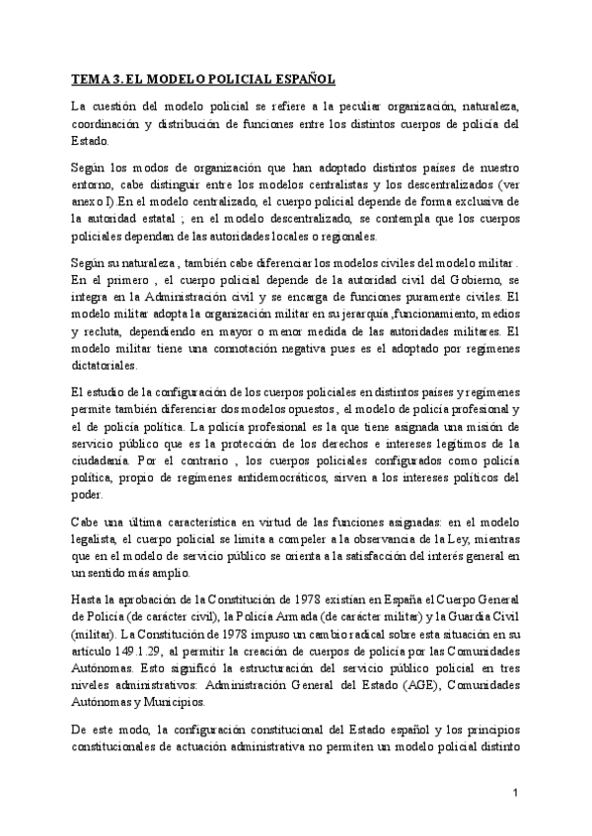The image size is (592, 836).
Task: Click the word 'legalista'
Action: [98, 539]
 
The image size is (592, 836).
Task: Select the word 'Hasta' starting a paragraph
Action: [88, 600]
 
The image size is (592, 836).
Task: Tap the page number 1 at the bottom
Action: [516, 793]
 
